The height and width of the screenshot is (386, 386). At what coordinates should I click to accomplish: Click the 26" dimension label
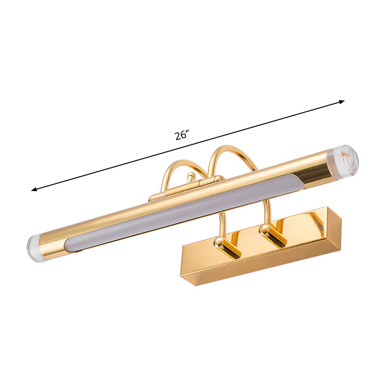coord(181,136)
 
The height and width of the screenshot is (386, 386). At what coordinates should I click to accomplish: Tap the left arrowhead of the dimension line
coord(34,190)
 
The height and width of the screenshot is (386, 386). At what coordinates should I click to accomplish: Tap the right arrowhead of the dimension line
coord(342,101)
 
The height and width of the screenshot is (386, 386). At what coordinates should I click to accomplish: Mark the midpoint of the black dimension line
coord(188,145)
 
